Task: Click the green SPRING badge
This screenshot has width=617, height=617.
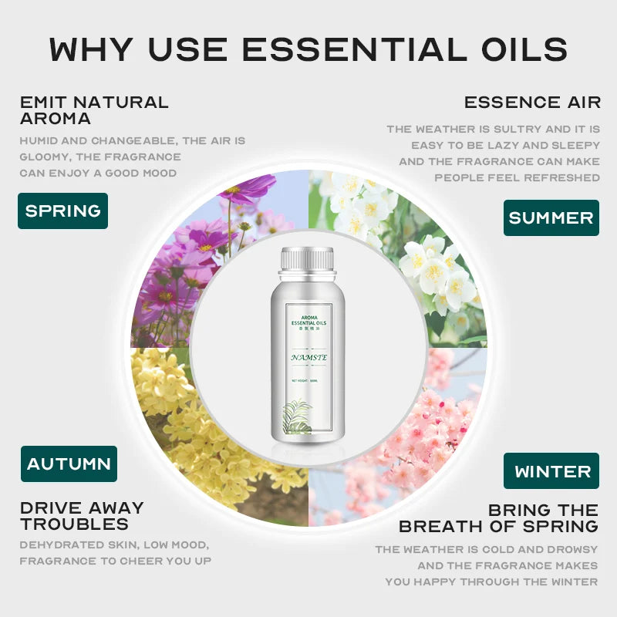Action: pyautogui.click(x=62, y=211)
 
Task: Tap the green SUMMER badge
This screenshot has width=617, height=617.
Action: pyautogui.click(x=551, y=217)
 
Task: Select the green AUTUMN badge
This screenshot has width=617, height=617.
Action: pyautogui.click(x=69, y=464)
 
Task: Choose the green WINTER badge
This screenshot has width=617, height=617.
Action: pyautogui.click(x=552, y=470)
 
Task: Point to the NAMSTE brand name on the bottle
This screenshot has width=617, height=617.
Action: pyautogui.click(x=308, y=357)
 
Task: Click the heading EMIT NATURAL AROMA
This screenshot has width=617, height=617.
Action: pyautogui.click(x=93, y=110)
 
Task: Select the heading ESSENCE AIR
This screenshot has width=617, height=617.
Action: pyautogui.click(x=531, y=102)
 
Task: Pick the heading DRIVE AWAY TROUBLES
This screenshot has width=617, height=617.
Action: pyautogui.click(x=82, y=516)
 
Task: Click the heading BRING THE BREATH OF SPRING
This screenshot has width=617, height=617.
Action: pyautogui.click(x=498, y=518)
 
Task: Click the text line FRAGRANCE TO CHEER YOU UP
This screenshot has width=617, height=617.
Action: pyautogui.click(x=116, y=561)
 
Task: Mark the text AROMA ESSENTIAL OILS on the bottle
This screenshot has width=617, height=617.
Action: pyautogui.click(x=308, y=322)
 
